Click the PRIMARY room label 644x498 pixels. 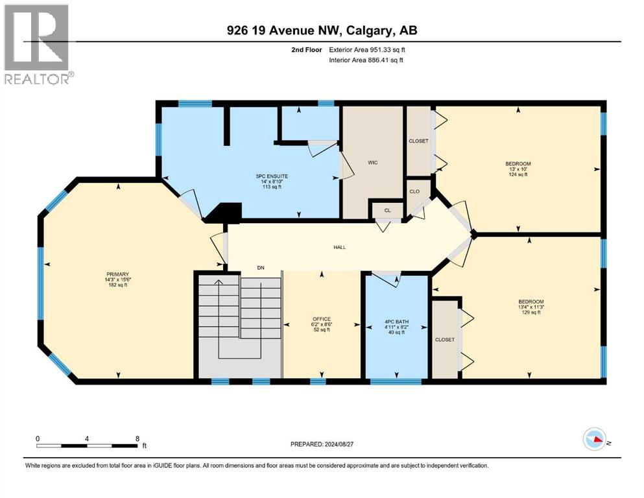point(118,274)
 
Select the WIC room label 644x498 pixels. point(373,163)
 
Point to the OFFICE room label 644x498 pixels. point(322,318)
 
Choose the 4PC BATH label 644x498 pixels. point(396,318)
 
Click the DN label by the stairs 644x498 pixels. point(260,267)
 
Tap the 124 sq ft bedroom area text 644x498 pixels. point(519,174)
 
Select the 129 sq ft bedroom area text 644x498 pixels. point(531,313)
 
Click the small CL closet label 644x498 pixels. point(387,210)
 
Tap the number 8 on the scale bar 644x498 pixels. point(137,438)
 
